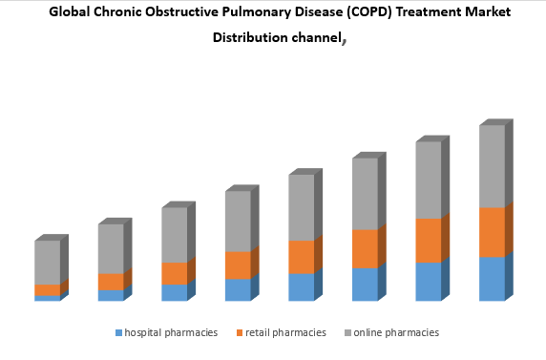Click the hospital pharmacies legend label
[171, 333]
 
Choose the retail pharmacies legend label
[286, 333]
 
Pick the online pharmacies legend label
[396, 333]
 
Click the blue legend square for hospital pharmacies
[119, 333]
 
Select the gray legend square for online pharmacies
[347, 333]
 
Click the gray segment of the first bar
[47, 262]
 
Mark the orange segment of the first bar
[47, 289]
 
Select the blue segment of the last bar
[492, 279]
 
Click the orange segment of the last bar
[492, 232]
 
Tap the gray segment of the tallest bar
[492, 166]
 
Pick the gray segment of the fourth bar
[238, 221]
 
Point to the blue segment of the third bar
[174, 292]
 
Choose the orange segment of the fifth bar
[301, 256]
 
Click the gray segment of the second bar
[110, 248]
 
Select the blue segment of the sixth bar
[365, 284]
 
